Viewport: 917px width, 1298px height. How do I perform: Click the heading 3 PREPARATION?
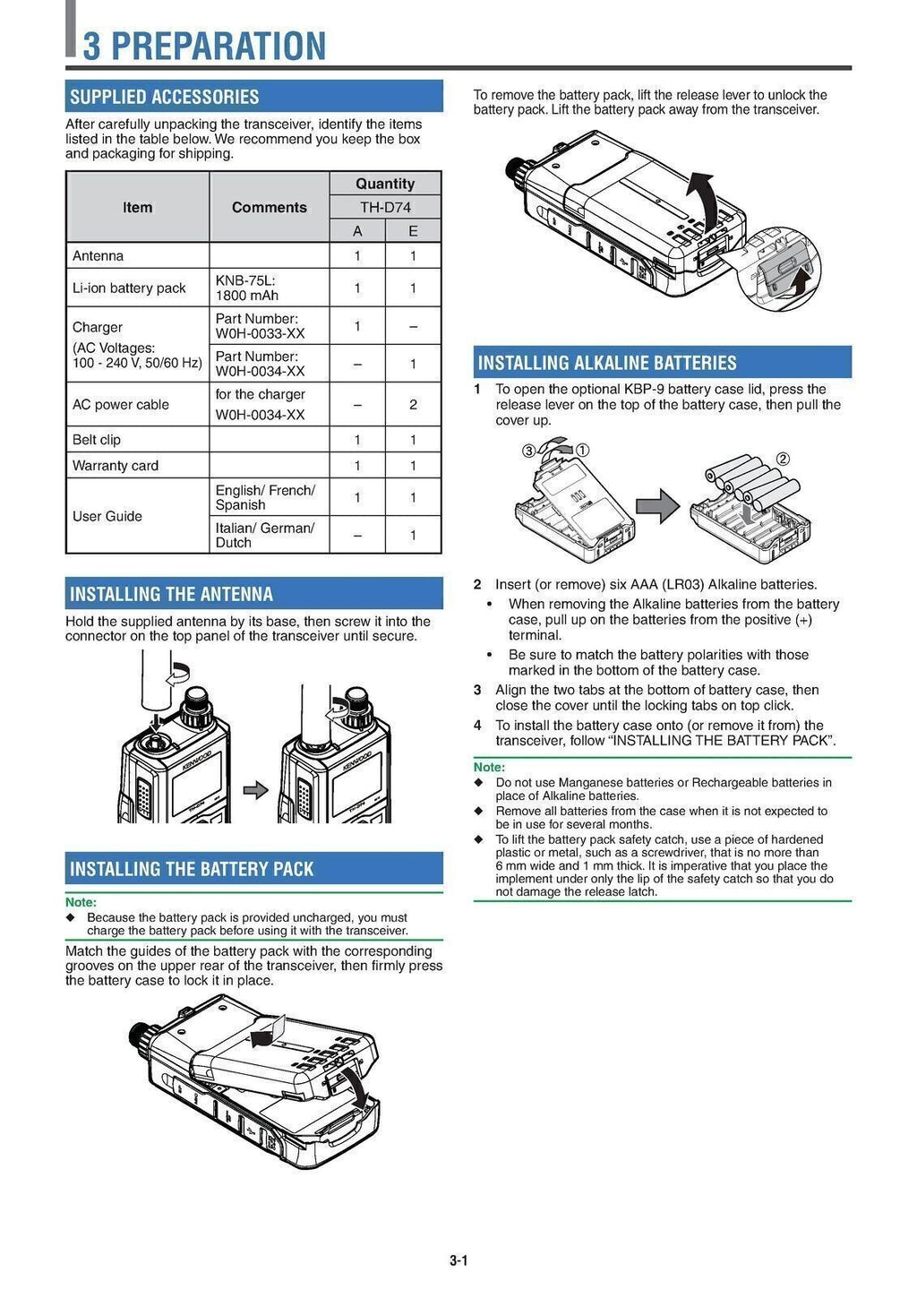204,45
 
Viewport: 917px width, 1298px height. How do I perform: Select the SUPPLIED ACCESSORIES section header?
164,97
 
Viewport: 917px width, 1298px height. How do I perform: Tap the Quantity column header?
385,184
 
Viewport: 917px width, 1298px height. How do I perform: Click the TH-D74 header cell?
385,207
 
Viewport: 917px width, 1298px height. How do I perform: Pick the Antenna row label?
99,256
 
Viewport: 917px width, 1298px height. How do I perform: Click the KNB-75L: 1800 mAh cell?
247,288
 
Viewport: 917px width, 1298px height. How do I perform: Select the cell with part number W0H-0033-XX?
260,326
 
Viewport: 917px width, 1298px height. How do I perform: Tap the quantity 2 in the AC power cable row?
413,405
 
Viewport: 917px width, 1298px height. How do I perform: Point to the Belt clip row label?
97,440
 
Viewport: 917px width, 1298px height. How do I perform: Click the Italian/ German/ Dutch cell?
264,535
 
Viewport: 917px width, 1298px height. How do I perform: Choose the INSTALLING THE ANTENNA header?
171,594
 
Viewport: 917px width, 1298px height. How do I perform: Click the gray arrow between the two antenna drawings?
256,790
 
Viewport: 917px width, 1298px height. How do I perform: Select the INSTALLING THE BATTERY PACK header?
192,869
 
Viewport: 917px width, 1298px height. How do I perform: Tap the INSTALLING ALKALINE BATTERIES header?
607,363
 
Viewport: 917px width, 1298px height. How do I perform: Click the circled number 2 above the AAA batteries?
783,460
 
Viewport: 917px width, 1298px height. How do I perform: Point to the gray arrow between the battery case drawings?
663,506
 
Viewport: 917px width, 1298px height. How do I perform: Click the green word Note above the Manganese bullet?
489,768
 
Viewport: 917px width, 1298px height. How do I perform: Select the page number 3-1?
458,1260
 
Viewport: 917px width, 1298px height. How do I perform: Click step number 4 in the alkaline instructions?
477,726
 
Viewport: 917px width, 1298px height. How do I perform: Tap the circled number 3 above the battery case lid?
529,451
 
